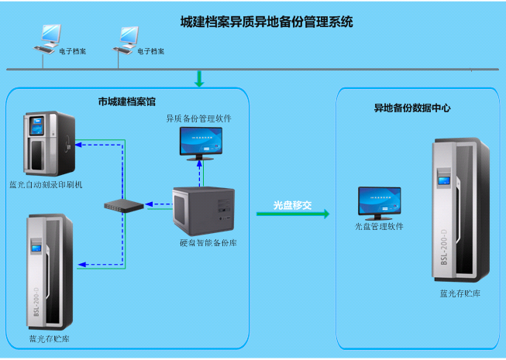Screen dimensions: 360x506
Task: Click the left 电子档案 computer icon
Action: tap(50, 36)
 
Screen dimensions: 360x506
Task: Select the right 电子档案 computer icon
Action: tap(128, 36)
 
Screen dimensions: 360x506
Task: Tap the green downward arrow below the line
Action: tap(199, 78)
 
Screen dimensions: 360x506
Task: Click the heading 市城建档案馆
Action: tap(126, 101)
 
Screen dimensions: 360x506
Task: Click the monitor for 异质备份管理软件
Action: tap(200, 142)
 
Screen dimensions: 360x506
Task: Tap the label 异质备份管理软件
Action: tap(198, 118)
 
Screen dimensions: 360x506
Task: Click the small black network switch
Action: tap(125, 206)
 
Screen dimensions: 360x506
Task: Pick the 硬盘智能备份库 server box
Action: tap(205, 211)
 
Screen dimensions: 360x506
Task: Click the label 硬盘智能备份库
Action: tap(208, 243)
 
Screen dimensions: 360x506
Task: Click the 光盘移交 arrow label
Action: tap(292, 205)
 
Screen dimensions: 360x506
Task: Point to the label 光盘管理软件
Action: tap(379, 227)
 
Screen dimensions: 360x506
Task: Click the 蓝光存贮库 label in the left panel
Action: tap(50, 339)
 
